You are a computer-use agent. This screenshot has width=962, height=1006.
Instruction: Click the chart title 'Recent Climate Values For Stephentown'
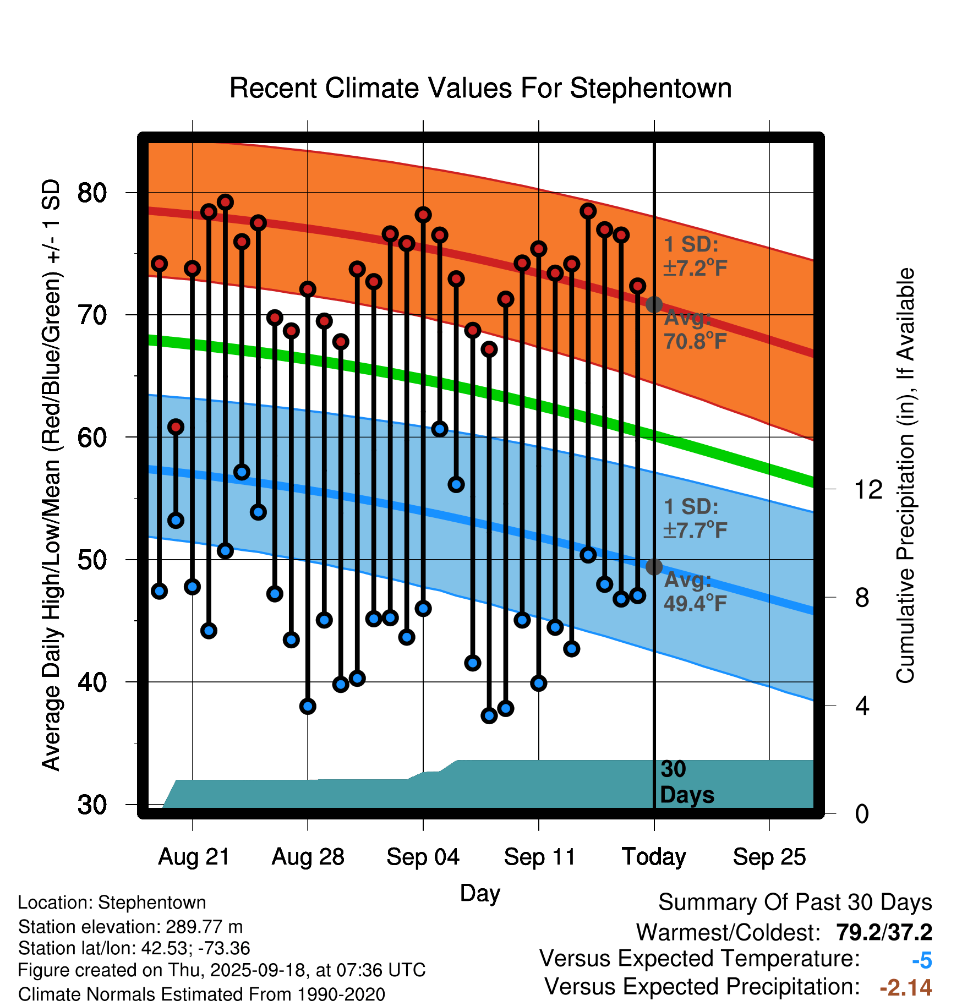(480, 88)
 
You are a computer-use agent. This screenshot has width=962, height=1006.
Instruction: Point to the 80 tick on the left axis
(92, 193)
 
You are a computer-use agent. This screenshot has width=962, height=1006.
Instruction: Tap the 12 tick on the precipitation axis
(868, 489)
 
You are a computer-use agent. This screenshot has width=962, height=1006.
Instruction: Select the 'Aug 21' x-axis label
(194, 857)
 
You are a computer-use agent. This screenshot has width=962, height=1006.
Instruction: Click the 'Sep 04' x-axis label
(423, 857)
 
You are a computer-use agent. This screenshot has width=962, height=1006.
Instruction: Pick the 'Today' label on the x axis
(654, 857)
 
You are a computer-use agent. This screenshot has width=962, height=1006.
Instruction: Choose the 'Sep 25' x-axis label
(769, 857)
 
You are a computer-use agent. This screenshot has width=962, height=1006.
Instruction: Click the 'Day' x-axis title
(480, 893)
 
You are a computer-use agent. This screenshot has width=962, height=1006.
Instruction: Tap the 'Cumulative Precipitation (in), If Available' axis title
(905, 475)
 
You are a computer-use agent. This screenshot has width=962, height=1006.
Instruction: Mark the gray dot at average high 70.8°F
(654, 304)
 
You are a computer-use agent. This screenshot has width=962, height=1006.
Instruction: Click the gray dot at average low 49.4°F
(654, 567)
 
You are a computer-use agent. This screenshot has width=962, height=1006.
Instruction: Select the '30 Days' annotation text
(686, 782)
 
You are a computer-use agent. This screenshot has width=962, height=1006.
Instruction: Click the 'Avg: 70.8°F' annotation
(695, 330)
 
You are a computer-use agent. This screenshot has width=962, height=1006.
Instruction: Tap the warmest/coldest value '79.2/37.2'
(884, 932)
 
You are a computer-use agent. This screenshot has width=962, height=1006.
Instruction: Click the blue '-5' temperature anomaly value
(922, 961)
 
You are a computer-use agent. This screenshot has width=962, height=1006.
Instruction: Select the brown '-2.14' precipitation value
(906, 988)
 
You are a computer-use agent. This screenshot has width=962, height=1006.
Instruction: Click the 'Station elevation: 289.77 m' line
(130, 927)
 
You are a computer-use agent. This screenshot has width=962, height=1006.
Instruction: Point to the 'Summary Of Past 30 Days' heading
(795, 903)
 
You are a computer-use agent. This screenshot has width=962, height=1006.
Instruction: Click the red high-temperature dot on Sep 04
(423, 215)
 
